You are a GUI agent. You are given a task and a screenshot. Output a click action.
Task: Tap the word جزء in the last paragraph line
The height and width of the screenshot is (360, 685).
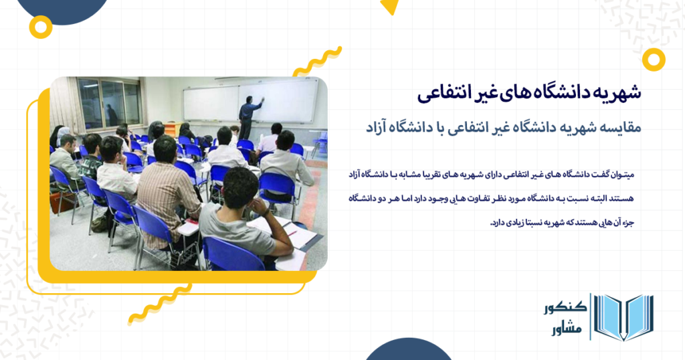627,223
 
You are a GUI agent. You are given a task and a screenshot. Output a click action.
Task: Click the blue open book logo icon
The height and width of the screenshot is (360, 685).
623,317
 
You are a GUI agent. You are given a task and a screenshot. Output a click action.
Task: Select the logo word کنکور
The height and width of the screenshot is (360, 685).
565,306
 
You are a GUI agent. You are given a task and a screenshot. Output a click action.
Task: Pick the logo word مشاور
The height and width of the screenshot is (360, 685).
567,328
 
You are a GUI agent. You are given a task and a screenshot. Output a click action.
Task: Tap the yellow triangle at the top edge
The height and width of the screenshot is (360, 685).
390,6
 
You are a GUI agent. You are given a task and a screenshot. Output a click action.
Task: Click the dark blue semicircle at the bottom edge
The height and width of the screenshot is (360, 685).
409,349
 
